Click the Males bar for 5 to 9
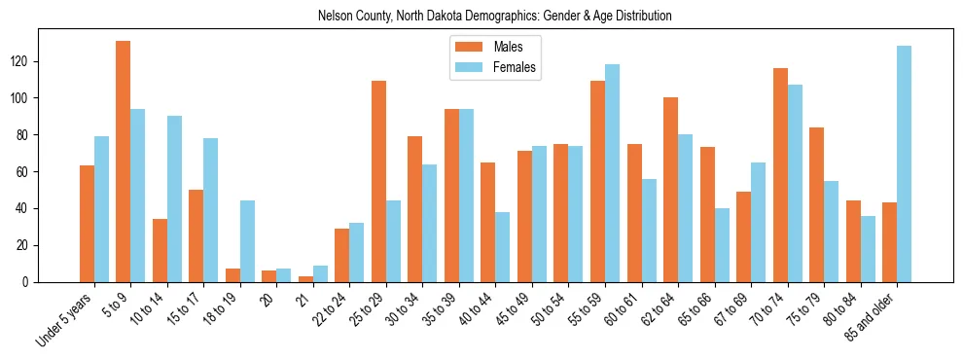point(124,162)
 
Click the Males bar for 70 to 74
point(780,175)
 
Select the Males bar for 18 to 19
point(232,275)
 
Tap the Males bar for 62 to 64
point(671,190)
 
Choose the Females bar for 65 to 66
point(722,245)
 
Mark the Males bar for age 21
point(305,279)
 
